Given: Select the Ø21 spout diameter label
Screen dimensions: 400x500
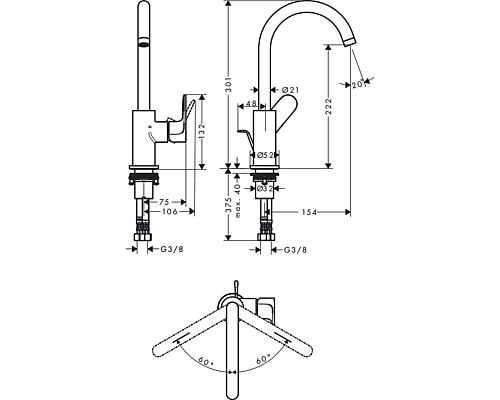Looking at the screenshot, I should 293,90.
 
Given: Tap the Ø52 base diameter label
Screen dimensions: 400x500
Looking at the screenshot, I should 266,155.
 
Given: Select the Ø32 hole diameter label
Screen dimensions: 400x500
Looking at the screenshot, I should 266,186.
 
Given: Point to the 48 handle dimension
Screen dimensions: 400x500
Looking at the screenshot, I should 252,104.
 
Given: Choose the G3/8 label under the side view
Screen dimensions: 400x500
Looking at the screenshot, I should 293,250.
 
